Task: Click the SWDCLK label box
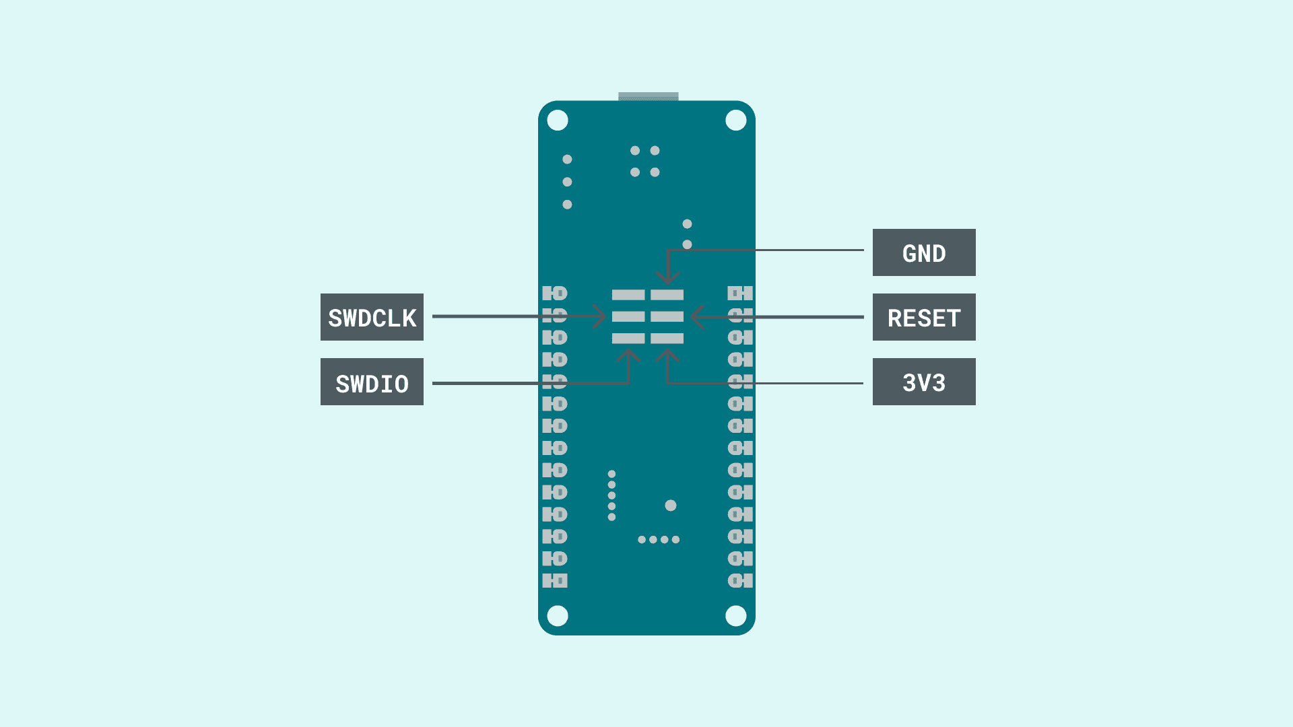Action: (x=372, y=317)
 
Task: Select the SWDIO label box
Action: (x=372, y=382)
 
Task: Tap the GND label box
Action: (x=924, y=252)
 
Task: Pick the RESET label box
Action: (x=924, y=317)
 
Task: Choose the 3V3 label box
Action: (x=924, y=382)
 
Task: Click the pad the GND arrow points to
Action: (x=667, y=295)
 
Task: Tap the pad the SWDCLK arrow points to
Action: (x=628, y=316)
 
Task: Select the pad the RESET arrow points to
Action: (x=667, y=316)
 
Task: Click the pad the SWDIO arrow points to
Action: (x=628, y=338)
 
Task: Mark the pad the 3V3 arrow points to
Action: (x=667, y=338)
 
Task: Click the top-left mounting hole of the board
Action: (x=558, y=120)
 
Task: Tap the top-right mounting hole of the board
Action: (x=736, y=120)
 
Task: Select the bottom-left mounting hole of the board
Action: (x=558, y=615)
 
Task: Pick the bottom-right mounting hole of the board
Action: (x=736, y=615)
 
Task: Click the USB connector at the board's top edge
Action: (x=648, y=96)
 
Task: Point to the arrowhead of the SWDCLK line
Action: (x=601, y=316)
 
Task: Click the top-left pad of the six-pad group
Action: (x=628, y=295)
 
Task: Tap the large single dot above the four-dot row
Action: (x=671, y=506)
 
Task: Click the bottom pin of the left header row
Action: (x=555, y=581)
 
